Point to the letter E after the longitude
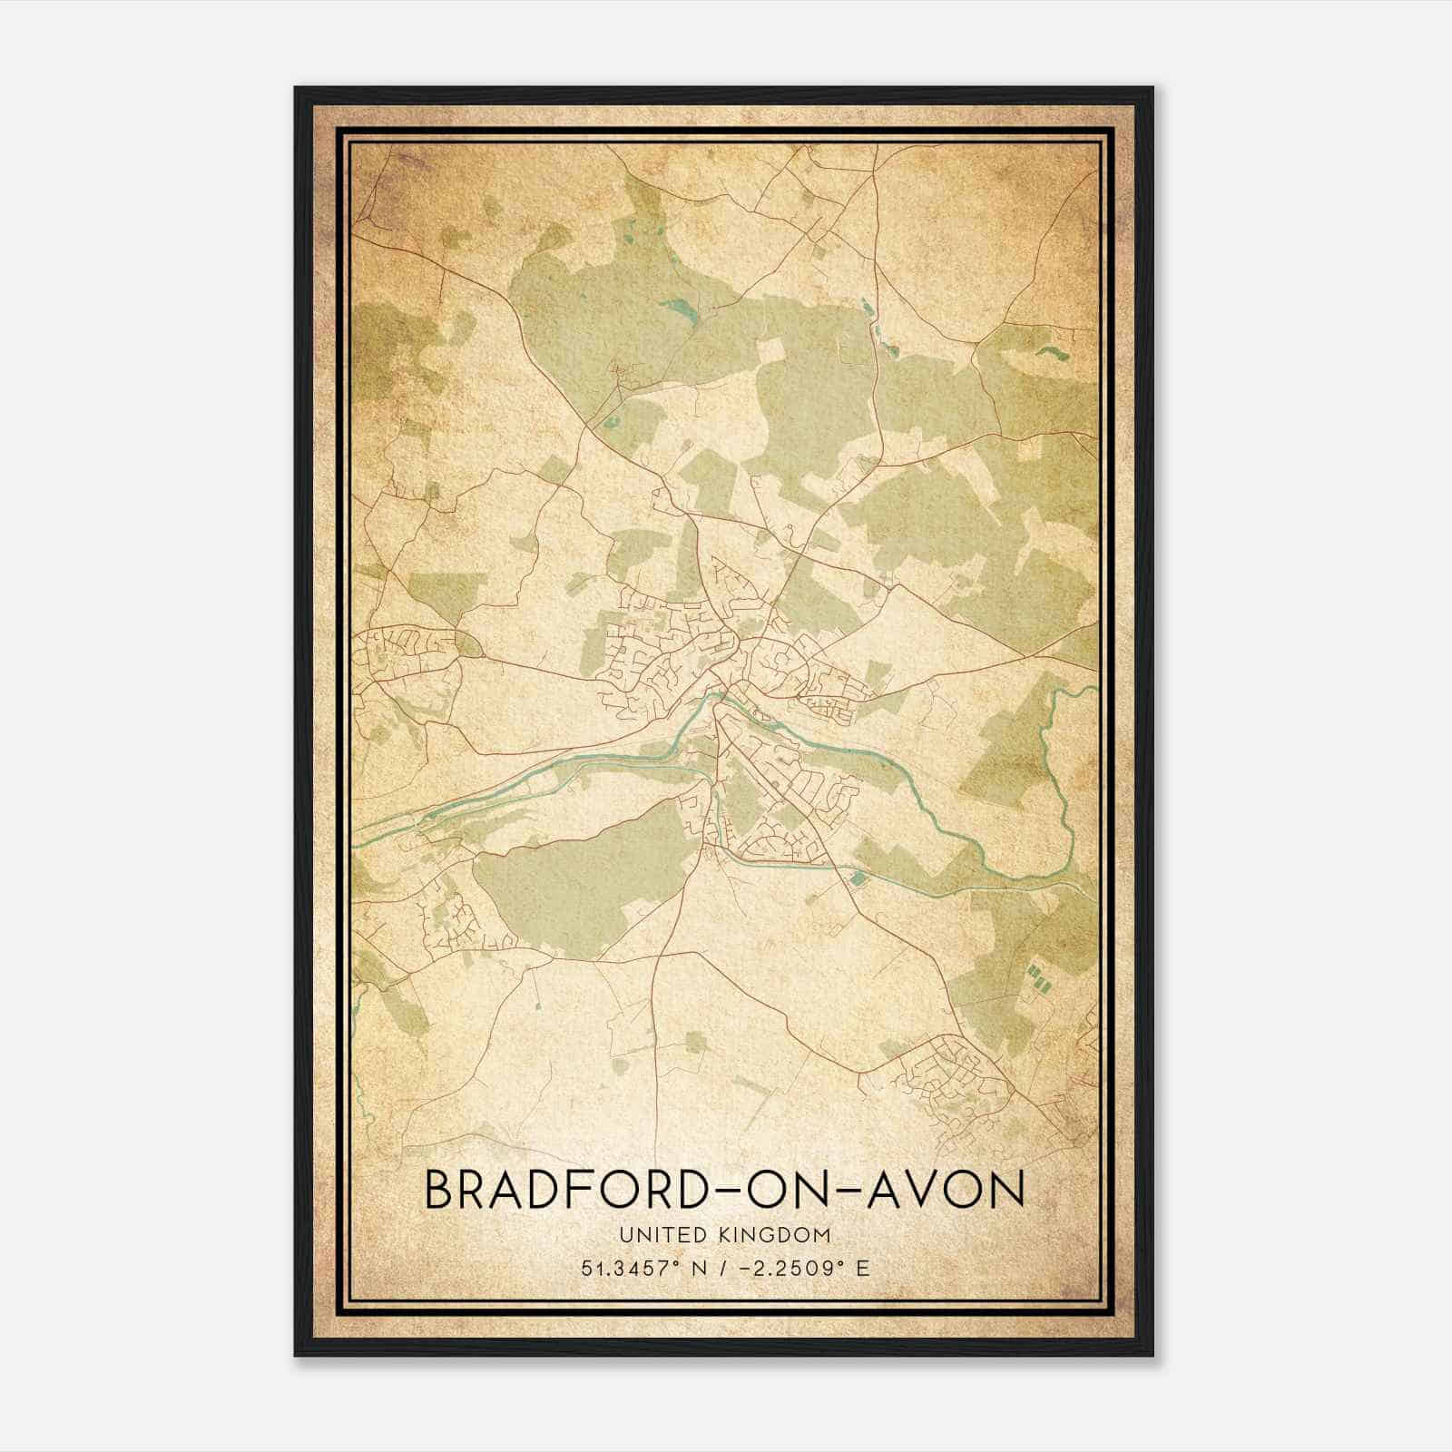click(863, 1267)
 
